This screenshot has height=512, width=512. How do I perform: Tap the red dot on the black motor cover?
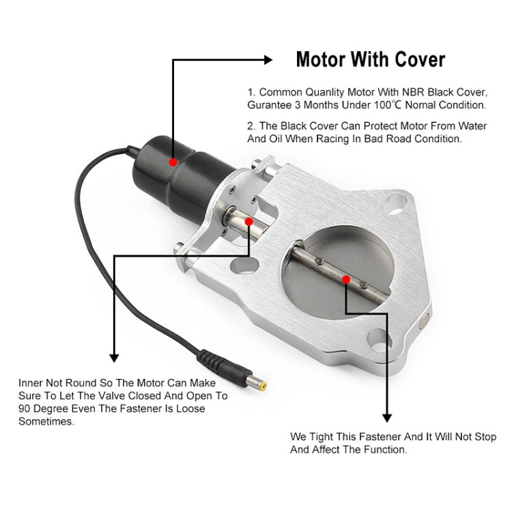pyautogui.click(x=173, y=162)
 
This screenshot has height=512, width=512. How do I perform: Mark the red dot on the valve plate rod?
pyautogui.click(x=347, y=279)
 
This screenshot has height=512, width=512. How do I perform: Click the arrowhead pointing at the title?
pyautogui.click(x=268, y=61)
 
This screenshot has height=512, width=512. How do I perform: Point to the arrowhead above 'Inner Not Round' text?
pyautogui.click(x=114, y=357)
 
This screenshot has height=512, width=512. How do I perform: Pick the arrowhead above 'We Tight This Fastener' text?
pyautogui.click(x=387, y=417)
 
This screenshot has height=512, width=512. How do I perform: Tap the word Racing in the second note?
pyautogui.click(x=336, y=138)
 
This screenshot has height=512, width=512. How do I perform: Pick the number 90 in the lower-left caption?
pyautogui.click(x=25, y=408)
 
